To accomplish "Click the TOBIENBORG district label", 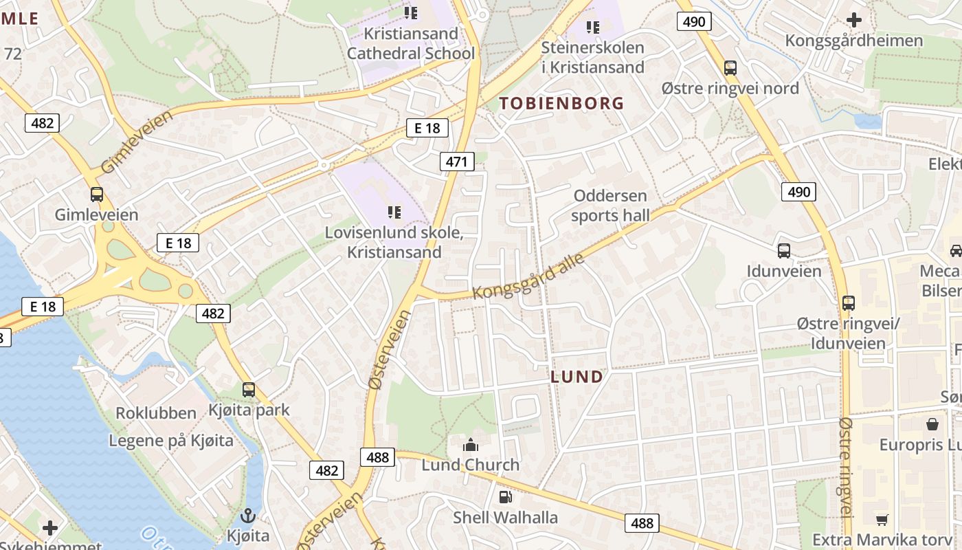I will click(x=561, y=104).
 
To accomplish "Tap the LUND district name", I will click(x=577, y=377).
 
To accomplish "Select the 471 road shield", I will click(x=457, y=162).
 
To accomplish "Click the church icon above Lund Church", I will click(x=470, y=445).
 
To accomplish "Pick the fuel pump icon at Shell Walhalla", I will click(x=505, y=496).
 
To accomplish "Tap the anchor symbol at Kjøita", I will click(x=248, y=515).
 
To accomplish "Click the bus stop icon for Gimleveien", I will click(x=97, y=195).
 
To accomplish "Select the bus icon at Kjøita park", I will click(x=249, y=390).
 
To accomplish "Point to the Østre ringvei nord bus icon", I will click(x=730, y=68).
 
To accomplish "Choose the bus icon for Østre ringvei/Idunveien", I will click(x=849, y=303).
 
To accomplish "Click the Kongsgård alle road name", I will click(x=529, y=276).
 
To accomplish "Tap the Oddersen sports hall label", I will click(x=610, y=206).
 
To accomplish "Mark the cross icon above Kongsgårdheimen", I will click(x=854, y=20).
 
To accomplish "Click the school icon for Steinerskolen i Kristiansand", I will click(x=593, y=27).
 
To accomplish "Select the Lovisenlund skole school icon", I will click(x=394, y=212).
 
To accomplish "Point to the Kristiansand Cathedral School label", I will click(x=410, y=43).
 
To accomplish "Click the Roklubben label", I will click(x=156, y=413).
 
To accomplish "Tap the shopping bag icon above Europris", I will click(x=932, y=424).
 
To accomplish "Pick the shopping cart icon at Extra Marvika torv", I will click(x=882, y=520).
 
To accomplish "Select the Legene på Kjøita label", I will click(x=171, y=441).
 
